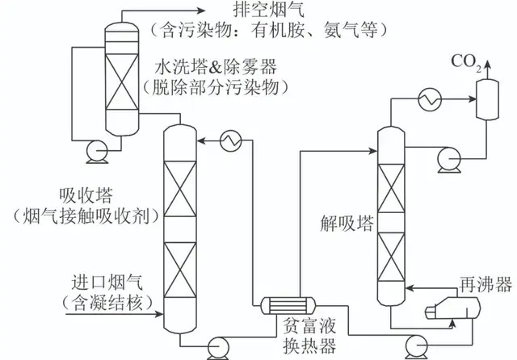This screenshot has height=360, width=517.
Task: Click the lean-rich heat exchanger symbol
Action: point(283,305)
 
